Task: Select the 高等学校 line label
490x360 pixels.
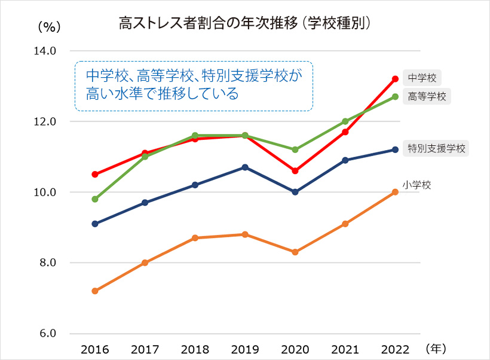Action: point(427,96)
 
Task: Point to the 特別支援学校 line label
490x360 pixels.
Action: point(436,148)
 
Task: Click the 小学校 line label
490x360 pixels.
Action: point(416,185)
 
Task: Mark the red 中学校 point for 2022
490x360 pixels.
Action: point(395,79)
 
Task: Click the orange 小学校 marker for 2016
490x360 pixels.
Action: point(94,291)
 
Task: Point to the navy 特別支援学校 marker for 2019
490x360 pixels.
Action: point(245,167)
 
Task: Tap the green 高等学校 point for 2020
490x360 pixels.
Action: point(295,150)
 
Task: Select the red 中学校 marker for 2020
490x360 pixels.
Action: point(295,171)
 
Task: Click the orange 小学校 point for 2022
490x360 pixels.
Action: point(395,192)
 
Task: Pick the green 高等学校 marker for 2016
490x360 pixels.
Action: point(94,199)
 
